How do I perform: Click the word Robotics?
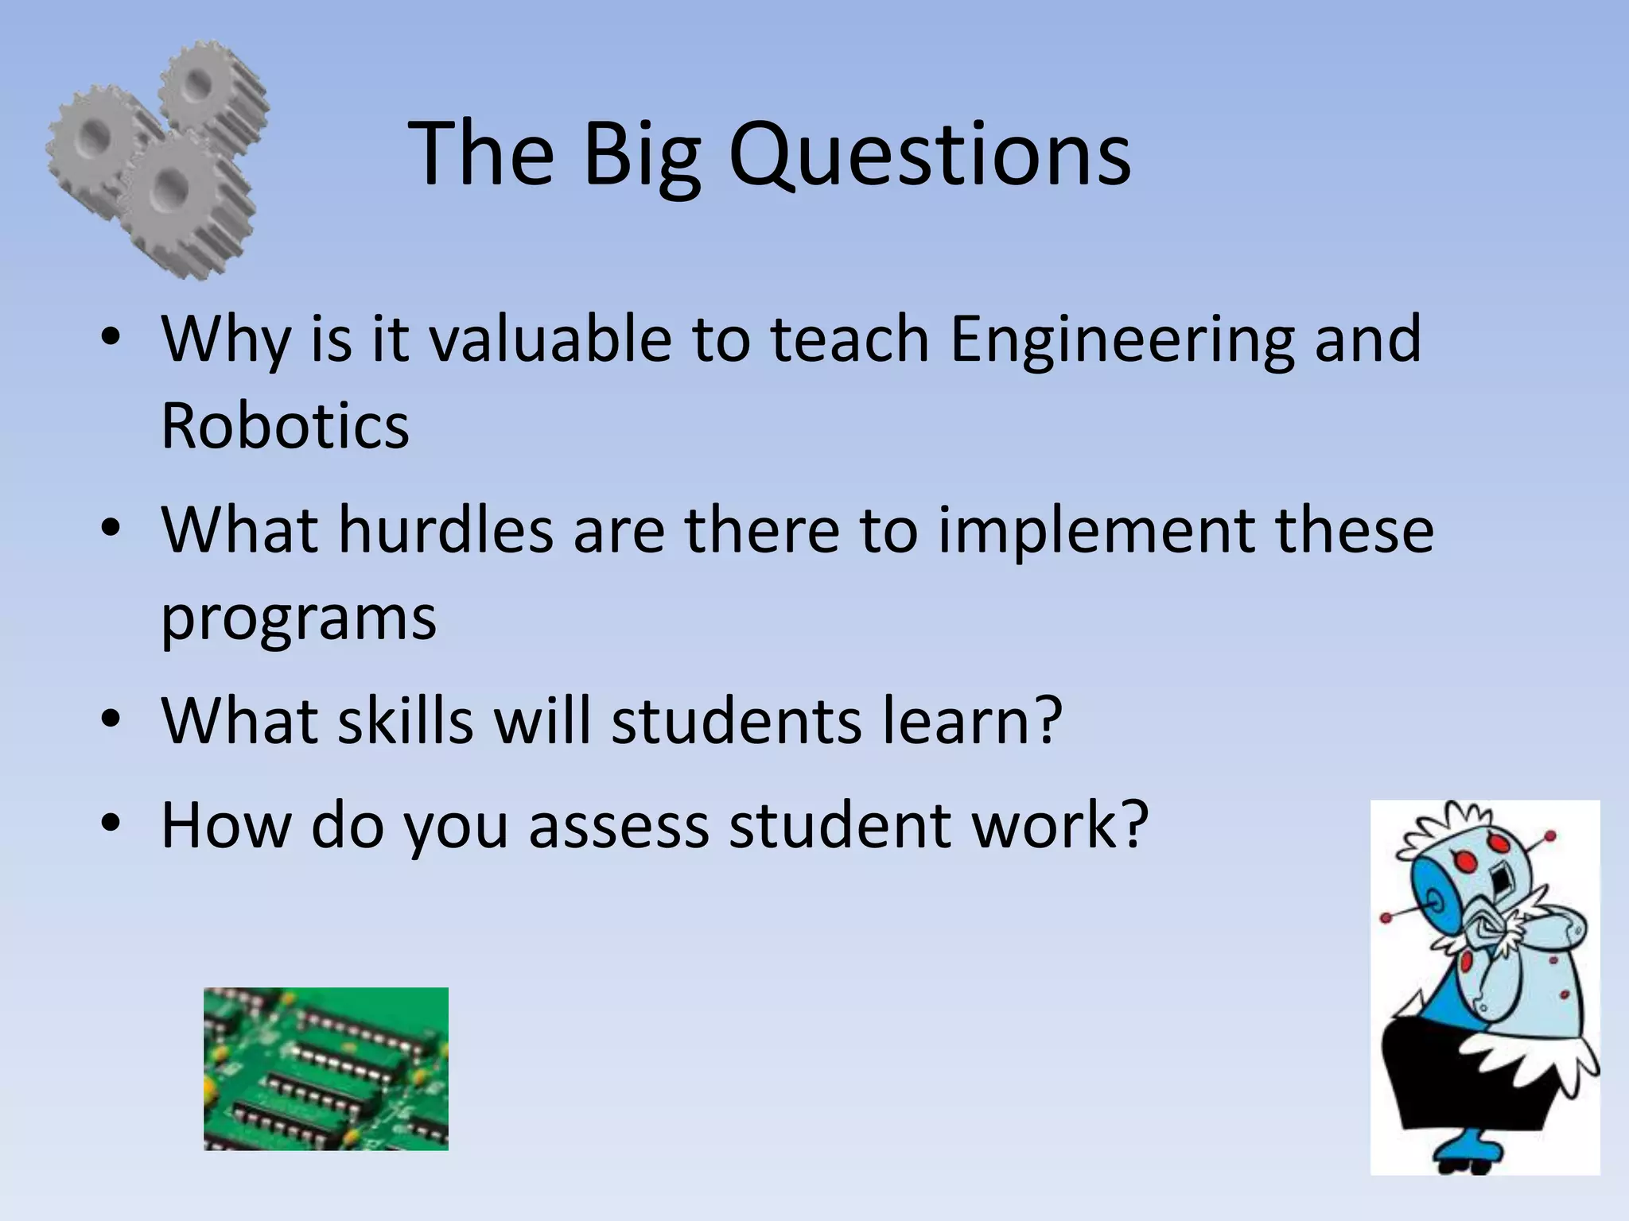click(x=285, y=425)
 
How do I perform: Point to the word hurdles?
click(x=445, y=530)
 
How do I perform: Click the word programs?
click(x=298, y=618)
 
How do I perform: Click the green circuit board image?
click(x=325, y=1068)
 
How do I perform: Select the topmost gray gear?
click(x=209, y=86)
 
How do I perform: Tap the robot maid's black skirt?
click(x=1464, y=1089)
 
